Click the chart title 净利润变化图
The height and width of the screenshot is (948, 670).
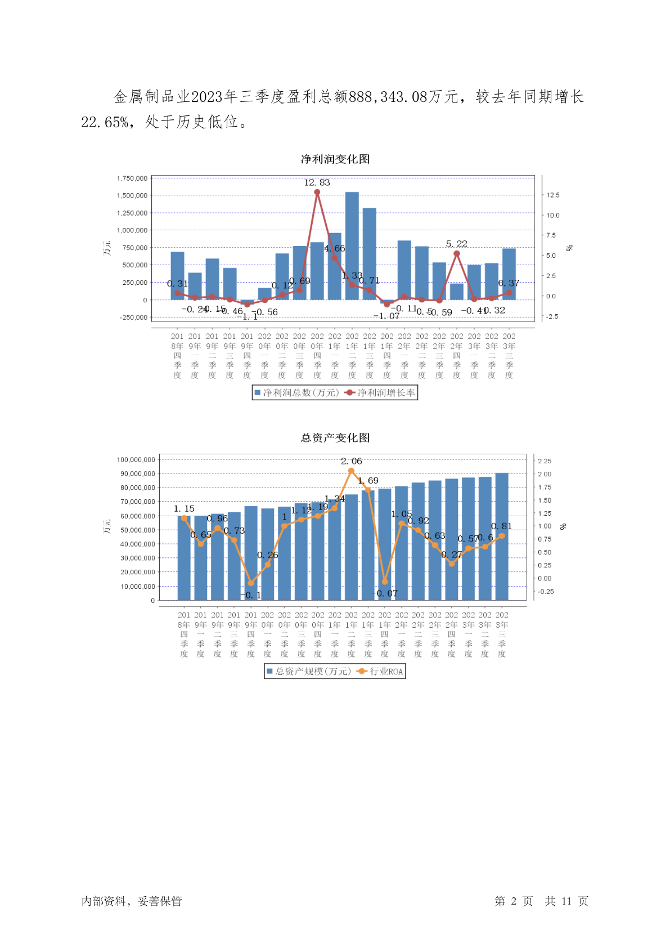click(x=335, y=159)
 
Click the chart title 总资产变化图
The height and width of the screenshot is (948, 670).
click(x=335, y=438)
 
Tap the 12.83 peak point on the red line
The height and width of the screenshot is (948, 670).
click(x=317, y=193)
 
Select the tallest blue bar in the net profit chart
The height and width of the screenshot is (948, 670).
click(x=352, y=246)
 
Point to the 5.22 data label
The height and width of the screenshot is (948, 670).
click(x=456, y=244)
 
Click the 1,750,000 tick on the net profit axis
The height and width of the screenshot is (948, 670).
click(x=132, y=178)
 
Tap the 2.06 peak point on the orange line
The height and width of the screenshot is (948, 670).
click(x=352, y=471)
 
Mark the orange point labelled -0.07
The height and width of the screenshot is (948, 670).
click(x=385, y=582)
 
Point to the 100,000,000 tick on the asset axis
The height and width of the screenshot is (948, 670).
click(x=136, y=460)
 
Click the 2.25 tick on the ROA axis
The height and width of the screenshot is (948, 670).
click(x=545, y=461)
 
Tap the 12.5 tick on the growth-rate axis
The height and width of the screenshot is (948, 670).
click(x=553, y=195)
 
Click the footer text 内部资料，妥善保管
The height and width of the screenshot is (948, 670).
click(x=132, y=901)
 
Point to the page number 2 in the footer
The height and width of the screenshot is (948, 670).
click(x=514, y=901)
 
